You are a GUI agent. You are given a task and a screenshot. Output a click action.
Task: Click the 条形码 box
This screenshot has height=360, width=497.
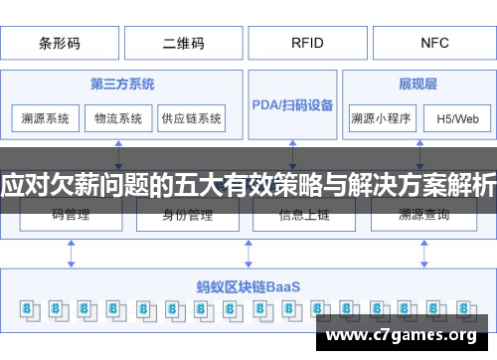61,43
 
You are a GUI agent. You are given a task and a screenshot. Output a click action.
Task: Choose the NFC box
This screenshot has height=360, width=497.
433,43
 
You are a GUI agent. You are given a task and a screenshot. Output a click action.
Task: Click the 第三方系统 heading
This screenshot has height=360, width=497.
121,85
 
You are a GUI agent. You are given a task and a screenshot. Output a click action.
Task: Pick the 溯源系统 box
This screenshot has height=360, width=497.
46,118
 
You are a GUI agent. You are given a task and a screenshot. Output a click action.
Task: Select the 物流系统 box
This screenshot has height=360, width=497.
118,118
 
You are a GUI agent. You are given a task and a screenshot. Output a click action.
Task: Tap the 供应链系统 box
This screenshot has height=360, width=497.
192,118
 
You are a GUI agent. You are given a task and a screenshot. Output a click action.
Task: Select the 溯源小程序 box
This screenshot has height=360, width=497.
381,118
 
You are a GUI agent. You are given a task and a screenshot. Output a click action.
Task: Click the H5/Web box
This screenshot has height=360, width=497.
457,118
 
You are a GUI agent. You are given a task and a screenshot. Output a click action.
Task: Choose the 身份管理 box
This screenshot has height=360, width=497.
186,214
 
